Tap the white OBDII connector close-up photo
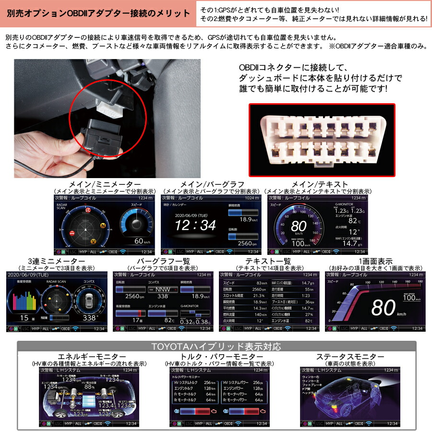tap(322, 140)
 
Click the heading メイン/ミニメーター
tap(104, 184)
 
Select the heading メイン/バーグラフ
tap(212, 184)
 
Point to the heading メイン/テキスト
tap(318, 184)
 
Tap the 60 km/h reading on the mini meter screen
tap(142, 241)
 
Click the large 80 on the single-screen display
tap(383, 307)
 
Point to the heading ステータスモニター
tap(350, 357)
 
